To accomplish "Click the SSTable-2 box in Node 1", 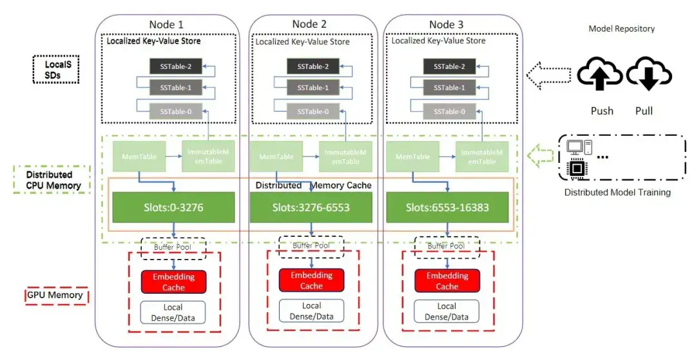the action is click(175, 66).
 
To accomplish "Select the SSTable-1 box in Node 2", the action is click(313, 88).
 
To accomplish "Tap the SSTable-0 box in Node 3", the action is click(449, 111).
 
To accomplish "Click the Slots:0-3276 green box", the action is click(173, 207).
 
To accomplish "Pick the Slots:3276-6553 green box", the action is click(311, 207).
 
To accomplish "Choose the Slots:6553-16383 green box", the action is click(447, 207).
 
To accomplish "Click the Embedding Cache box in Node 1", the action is click(173, 282).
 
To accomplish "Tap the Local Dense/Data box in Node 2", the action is click(312, 311).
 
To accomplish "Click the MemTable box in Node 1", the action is click(139, 156).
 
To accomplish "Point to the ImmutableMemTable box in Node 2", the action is click(345, 156).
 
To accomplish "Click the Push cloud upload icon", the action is click(600, 73).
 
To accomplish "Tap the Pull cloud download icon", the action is click(649, 73).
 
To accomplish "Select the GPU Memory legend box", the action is click(55, 296).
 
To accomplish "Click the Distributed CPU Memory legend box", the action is click(52, 180).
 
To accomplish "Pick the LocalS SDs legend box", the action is click(56, 70).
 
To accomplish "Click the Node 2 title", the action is click(309, 24).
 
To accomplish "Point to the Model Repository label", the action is click(621, 29).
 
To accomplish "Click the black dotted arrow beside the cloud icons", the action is click(548, 75).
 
